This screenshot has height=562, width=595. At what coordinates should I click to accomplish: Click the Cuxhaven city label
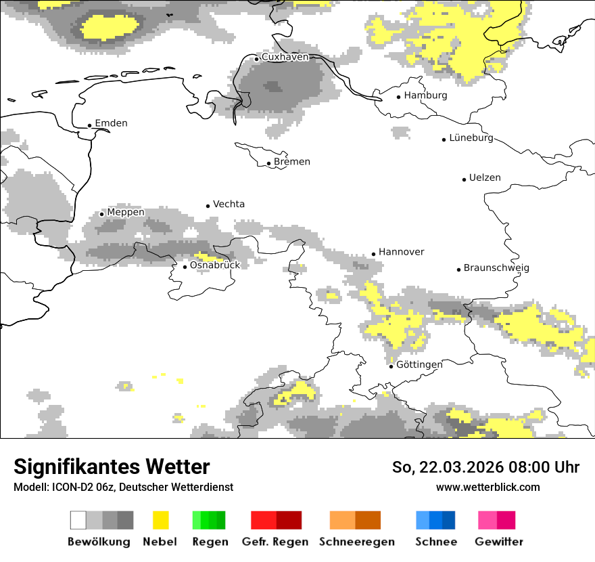pos(285,57)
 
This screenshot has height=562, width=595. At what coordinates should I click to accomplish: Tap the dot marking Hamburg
pos(399,96)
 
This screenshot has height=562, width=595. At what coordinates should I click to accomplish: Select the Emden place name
pos(111,123)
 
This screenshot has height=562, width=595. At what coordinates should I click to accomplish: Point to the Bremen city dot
pos(268,163)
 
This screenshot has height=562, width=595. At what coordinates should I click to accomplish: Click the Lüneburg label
pos(471,137)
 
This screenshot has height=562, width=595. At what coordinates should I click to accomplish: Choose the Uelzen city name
pos(485,177)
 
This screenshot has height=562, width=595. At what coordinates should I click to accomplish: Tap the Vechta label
pos(229,204)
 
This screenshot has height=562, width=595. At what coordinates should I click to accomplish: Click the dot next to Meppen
pos(101,214)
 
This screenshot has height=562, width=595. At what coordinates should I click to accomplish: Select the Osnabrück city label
pos(215,265)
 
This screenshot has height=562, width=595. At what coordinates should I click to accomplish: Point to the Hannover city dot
pos(373,255)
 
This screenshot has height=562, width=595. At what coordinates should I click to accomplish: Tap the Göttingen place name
pos(419,364)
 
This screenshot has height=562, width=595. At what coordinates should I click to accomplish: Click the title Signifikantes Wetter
pos(112,467)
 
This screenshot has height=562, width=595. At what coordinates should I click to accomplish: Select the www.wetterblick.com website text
pos(487,487)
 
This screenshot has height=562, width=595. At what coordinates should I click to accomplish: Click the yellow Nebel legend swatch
pos(160,520)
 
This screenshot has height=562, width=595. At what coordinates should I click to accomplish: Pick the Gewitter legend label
pos(499,542)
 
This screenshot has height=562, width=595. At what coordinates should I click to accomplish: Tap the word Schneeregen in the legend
pos(357,542)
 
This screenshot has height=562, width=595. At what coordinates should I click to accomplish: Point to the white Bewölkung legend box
pos(78,520)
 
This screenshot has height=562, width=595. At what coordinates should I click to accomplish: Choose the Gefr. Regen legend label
pos(275,542)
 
